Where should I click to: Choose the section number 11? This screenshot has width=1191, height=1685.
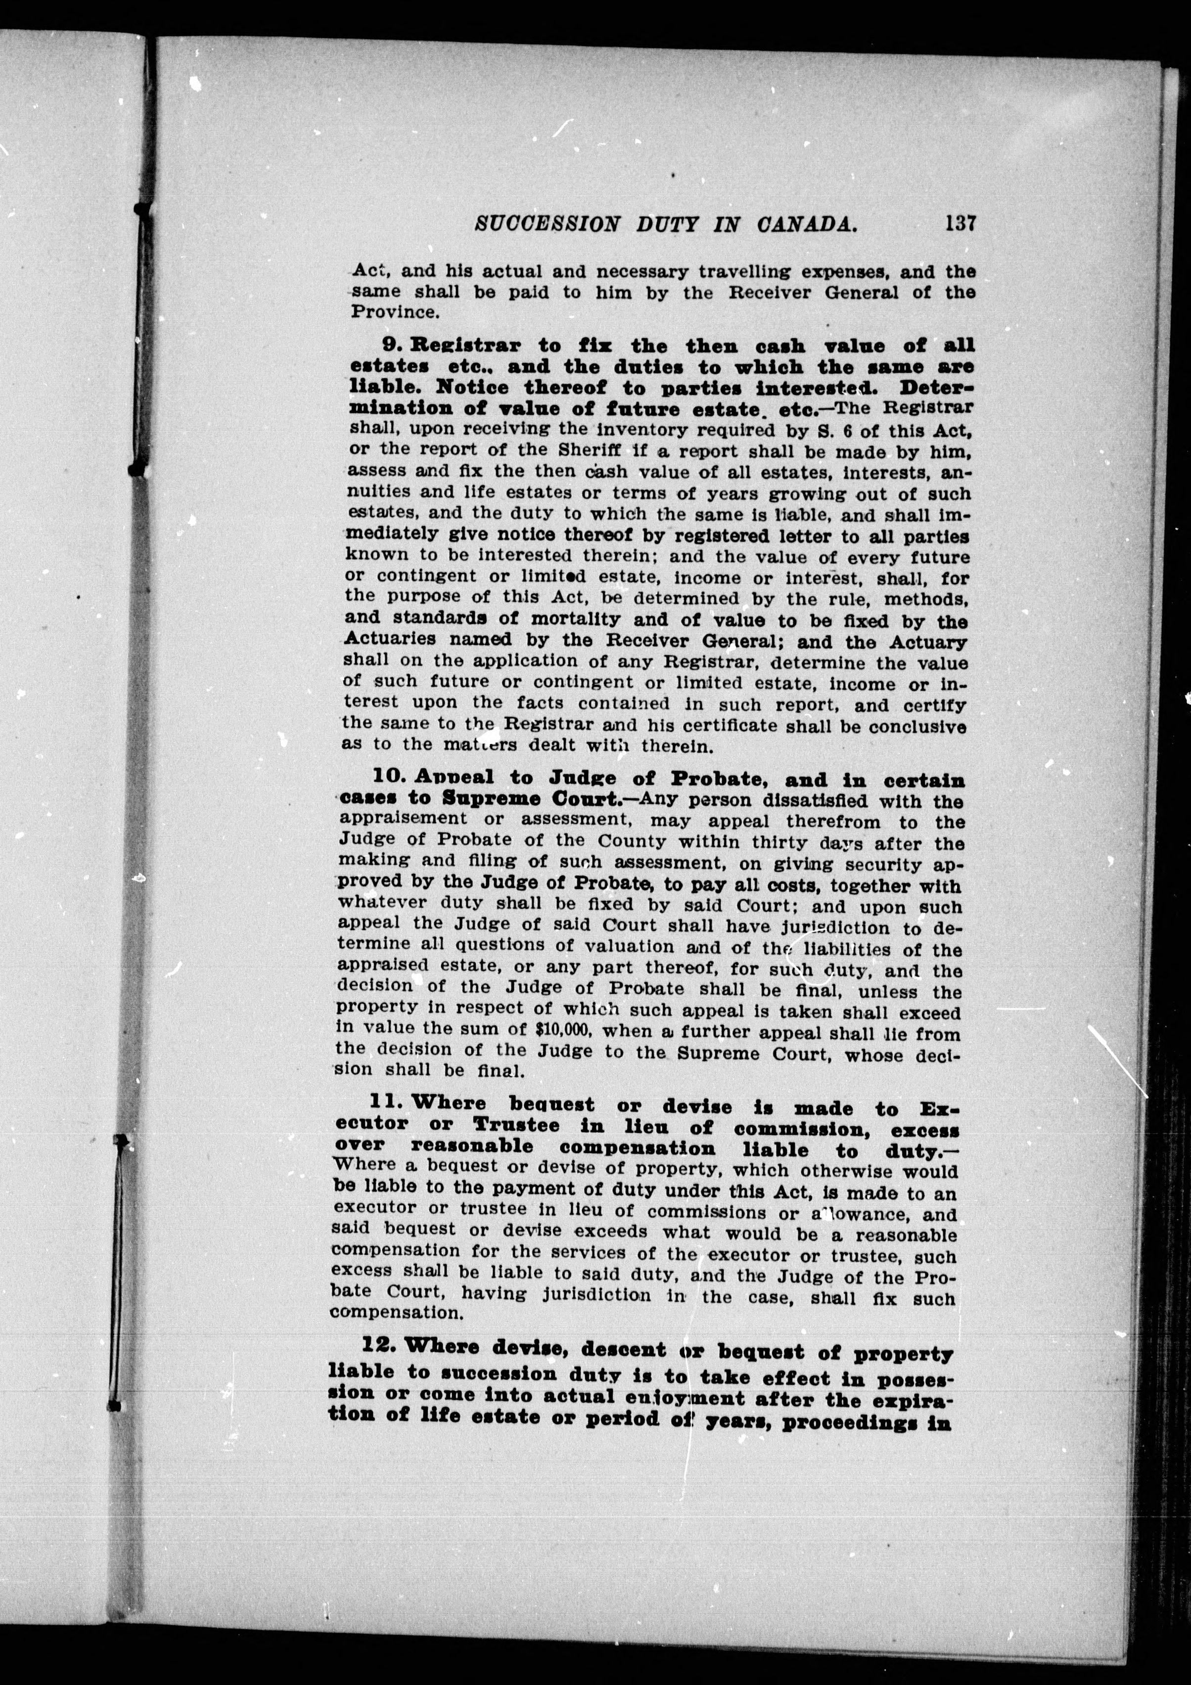click(x=387, y=1103)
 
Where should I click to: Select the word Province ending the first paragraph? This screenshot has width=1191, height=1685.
click(x=394, y=312)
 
